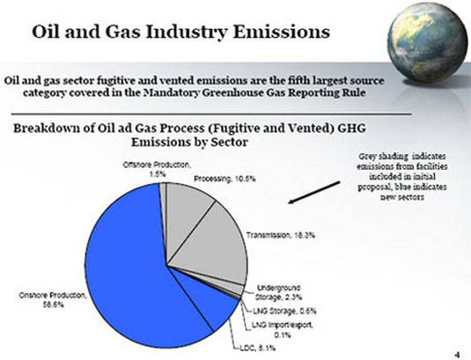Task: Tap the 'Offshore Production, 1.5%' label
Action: coord(158,170)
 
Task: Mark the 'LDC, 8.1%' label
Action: coord(255,347)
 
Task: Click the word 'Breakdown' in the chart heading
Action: coord(49,129)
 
